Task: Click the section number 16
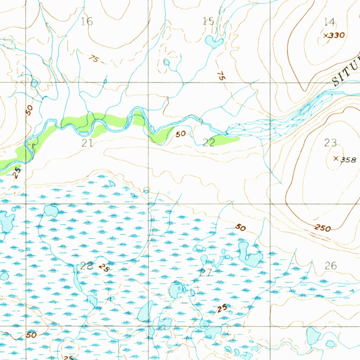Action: pyautogui.click(x=87, y=22)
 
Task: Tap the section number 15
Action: pyautogui.click(x=209, y=21)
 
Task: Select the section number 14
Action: pyautogui.click(x=329, y=22)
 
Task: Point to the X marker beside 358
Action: pyautogui.click(x=336, y=159)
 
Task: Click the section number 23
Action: pyautogui.click(x=330, y=142)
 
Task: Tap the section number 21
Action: pyautogui.click(x=87, y=143)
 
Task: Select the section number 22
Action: pyautogui.click(x=209, y=142)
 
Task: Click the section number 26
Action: pyautogui.click(x=331, y=266)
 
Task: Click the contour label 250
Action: pyautogui.click(x=322, y=228)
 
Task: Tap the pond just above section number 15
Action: pyautogui.click(x=213, y=42)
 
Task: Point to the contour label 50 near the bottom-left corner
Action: pyautogui.click(x=31, y=335)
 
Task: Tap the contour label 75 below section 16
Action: pyautogui.click(x=93, y=59)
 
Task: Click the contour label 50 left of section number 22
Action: pyautogui.click(x=181, y=134)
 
